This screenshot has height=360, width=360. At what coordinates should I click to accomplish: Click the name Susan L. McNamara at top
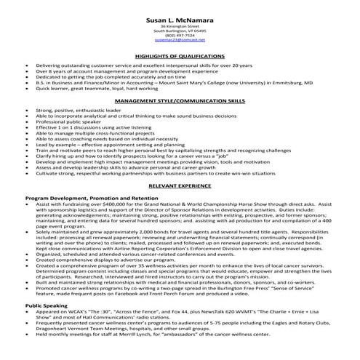point(180,17)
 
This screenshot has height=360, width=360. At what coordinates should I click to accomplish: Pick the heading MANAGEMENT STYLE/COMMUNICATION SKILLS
point(180,103)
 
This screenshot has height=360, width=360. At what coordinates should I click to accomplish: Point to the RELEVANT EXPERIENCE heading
point(180,187)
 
